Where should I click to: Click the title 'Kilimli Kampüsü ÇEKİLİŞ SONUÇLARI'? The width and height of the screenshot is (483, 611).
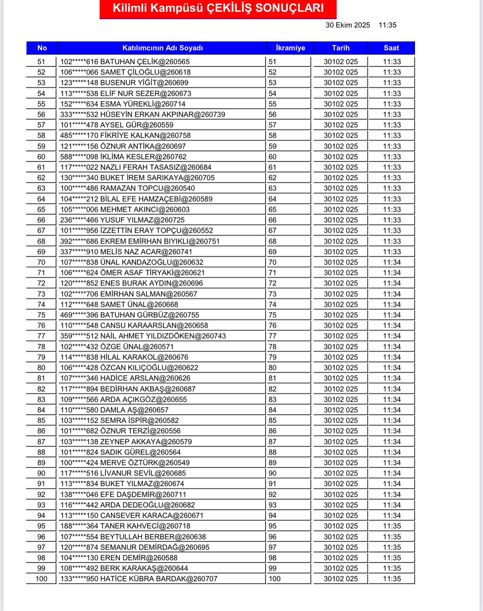point(218,8)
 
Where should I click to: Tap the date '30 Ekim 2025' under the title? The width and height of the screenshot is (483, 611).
point(347,25)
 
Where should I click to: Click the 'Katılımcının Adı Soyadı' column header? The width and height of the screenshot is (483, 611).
point(162,48)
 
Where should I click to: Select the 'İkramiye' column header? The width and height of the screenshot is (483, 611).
point(290,48)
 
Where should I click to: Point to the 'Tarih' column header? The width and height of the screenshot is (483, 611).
point(341,48)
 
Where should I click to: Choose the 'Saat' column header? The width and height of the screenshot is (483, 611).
point(391,48)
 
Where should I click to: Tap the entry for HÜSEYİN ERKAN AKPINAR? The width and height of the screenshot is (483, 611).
point(143,115)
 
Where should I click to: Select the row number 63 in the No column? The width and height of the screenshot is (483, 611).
point(41,188)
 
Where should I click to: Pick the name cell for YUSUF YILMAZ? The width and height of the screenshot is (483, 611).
point(122,220)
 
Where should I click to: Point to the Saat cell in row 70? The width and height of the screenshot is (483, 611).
point(392,262)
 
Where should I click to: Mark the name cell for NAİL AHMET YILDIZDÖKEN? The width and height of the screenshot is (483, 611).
point(143,336)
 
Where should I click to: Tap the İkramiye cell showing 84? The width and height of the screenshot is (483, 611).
point(273,410)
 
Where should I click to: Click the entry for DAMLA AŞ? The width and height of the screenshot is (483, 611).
point(115,410)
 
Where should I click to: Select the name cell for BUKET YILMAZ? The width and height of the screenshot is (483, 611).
point(122,484)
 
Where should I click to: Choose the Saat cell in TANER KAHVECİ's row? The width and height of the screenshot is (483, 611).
point(392,526)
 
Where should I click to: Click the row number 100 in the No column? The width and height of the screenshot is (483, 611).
point(41,579)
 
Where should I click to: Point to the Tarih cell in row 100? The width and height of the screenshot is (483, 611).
point(341,579)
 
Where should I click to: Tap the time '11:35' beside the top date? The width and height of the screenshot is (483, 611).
point(387,25)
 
